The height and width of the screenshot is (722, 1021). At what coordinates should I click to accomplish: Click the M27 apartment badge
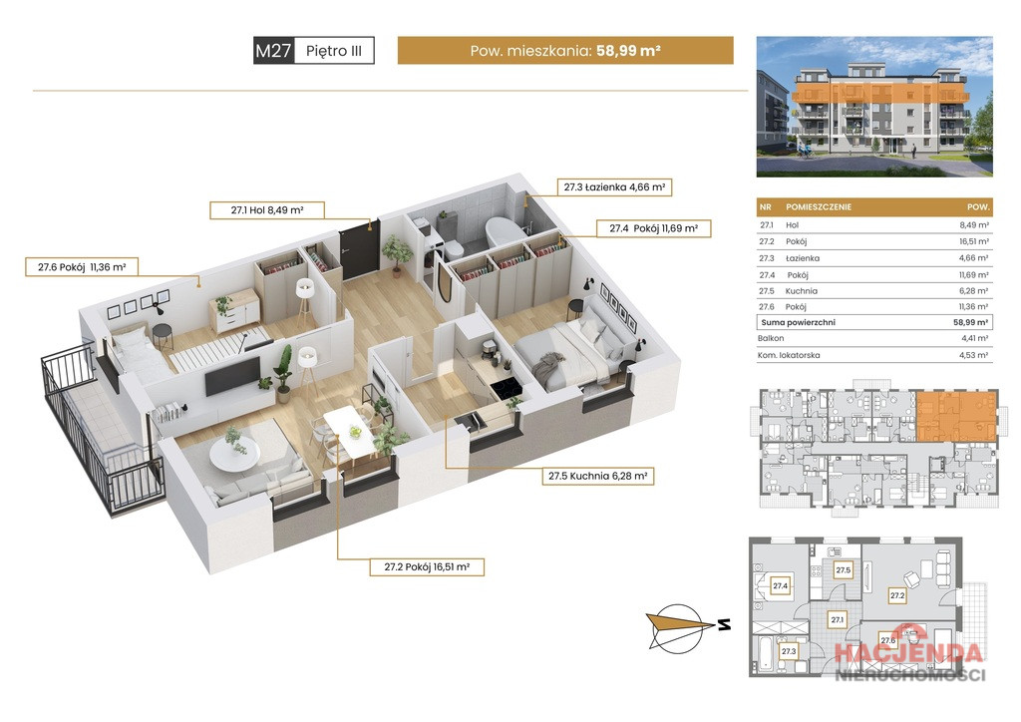pos(273,50)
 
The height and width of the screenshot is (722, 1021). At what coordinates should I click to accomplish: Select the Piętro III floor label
pos(334,51)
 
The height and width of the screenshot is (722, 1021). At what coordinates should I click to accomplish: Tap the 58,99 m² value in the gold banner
pos(628,50)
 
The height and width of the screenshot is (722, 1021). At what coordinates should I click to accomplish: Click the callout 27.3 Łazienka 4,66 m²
pos(614,186)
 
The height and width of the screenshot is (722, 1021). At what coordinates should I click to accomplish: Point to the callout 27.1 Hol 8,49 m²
pos(267,210)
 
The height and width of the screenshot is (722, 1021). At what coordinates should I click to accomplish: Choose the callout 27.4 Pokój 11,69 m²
pos(654,228)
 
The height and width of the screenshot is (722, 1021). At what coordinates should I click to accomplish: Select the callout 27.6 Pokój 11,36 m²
pos(82,267)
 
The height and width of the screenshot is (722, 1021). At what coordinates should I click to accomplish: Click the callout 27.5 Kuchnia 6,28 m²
pos(598,476)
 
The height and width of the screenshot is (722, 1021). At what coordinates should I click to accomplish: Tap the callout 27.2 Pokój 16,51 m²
pos(427,567)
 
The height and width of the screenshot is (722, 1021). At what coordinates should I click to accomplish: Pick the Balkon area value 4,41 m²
pos(974,338)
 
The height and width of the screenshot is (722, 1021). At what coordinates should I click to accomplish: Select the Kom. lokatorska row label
pos(789,355)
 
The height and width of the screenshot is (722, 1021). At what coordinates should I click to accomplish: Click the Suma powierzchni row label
pos(799,322)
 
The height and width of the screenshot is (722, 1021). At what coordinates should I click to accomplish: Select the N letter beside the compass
pos(724,625)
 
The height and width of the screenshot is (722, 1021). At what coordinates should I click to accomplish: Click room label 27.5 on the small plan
pos(844,570)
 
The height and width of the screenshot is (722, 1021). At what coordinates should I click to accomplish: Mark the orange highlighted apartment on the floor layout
pos(956,415)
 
